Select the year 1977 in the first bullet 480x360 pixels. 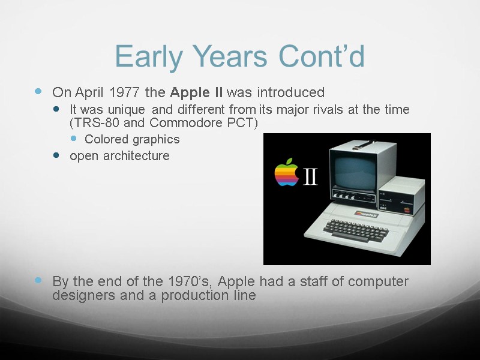125,92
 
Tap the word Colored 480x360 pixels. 106,139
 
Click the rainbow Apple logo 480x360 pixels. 286,173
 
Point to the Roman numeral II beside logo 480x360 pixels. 311,176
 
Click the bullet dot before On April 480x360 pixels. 38,92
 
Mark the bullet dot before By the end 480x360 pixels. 38,281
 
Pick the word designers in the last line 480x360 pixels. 80,295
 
